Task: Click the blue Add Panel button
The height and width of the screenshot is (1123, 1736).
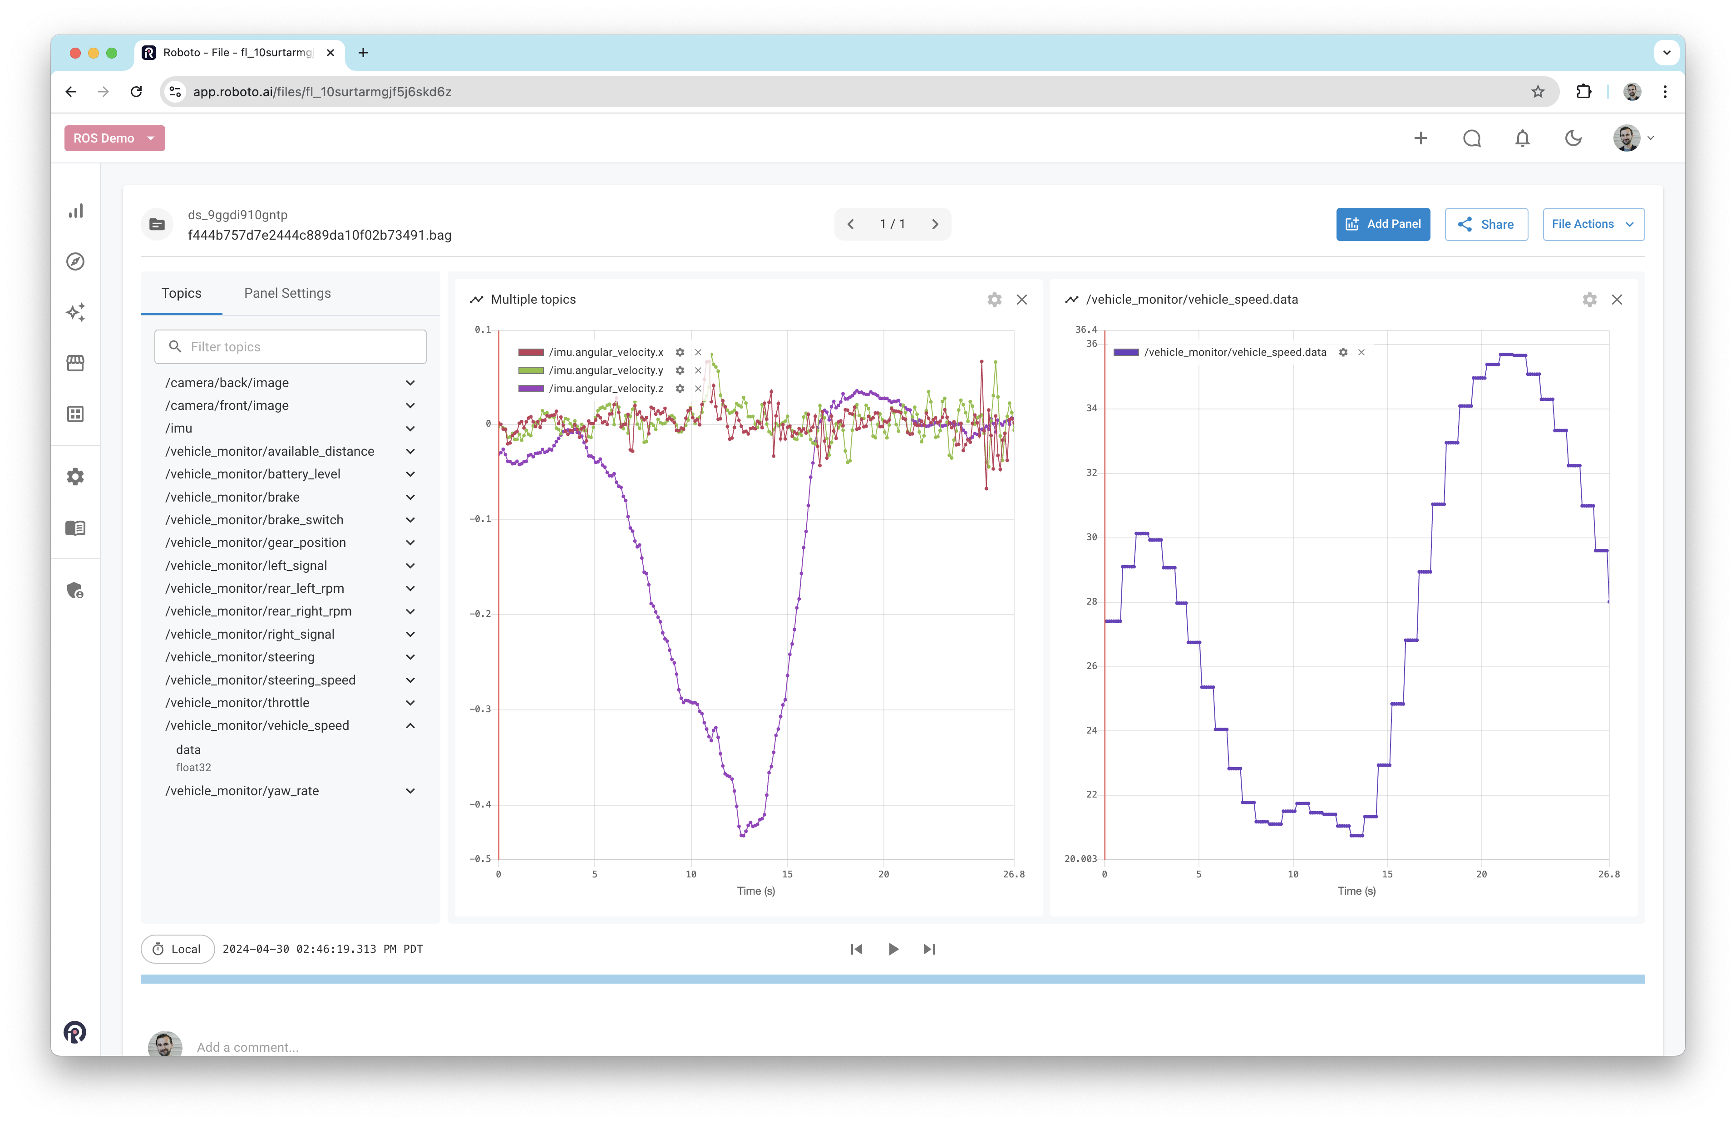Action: (1382, 224)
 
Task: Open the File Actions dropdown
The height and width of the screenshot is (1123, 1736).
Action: (1593, 224)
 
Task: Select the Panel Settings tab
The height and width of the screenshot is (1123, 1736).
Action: (287, 293)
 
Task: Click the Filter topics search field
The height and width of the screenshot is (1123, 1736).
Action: (290, 346)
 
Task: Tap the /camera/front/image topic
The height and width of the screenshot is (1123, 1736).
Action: (227, 405)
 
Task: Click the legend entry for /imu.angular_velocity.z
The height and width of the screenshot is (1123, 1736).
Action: (605, 389)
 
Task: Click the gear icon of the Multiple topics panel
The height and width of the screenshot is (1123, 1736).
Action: (994, 300)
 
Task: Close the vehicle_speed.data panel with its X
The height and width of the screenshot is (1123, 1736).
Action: (1617, 300)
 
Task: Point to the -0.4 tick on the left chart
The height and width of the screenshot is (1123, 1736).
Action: (480, 804)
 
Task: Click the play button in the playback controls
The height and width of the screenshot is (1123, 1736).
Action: (893, 949)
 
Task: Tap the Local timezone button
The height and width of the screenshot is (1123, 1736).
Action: (177, 949)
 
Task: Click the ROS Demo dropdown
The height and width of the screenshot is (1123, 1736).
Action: (114, 138)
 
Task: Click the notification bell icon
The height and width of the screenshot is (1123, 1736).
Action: (1522, 138)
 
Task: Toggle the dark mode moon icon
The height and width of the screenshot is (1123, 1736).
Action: (1573, 138)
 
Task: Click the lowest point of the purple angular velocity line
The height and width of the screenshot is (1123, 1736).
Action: (742, 835)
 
